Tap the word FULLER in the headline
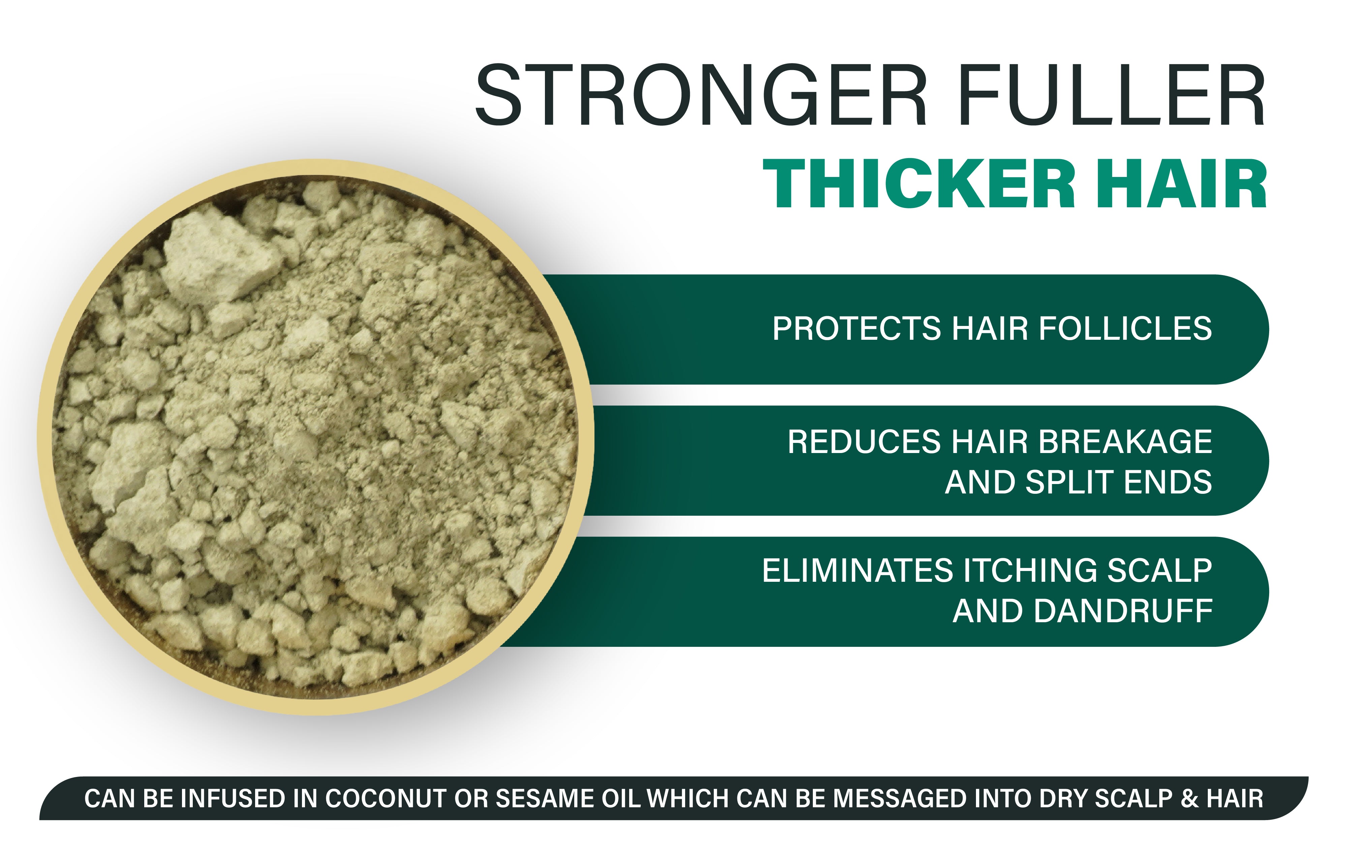pos(1113,95)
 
